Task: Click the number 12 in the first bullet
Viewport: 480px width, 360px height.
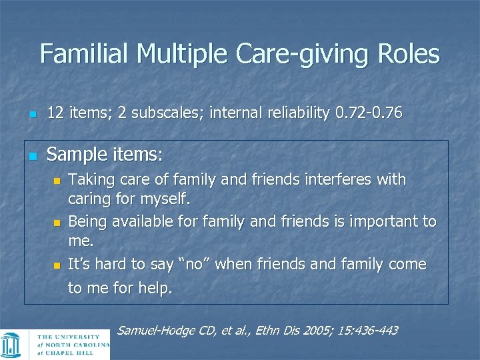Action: pos(55,113)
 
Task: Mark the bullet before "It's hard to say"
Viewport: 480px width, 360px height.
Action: pos(57,265)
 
